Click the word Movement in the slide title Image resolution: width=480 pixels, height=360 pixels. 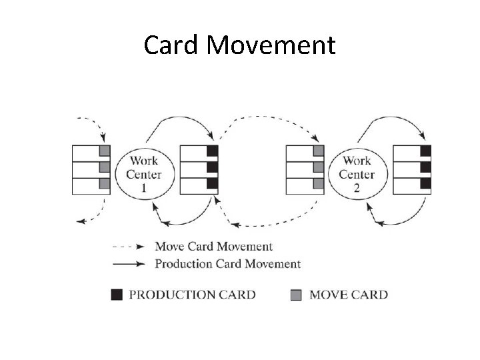270,45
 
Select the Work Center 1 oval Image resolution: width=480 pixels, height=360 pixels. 143,173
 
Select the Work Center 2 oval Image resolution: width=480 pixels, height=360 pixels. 357,173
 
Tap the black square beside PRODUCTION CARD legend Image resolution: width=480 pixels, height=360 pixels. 117,294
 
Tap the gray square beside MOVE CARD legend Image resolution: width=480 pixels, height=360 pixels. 296,294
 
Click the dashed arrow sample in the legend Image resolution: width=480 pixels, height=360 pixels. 128,247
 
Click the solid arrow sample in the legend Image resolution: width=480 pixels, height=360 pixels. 128,263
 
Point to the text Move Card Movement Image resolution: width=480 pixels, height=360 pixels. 213,247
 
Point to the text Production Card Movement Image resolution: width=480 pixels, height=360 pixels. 227,263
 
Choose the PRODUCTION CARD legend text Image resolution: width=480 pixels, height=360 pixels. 192,294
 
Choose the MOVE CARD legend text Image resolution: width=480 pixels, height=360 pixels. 348,294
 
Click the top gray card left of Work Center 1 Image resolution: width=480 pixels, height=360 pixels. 103,151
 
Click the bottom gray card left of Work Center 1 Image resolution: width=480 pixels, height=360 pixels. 103,182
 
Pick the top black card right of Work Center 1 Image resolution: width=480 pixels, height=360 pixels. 212,151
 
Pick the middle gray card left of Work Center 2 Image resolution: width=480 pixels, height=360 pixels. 318,167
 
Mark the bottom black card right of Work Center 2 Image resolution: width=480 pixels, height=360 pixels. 425,182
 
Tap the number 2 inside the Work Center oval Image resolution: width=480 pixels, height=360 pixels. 357,187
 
